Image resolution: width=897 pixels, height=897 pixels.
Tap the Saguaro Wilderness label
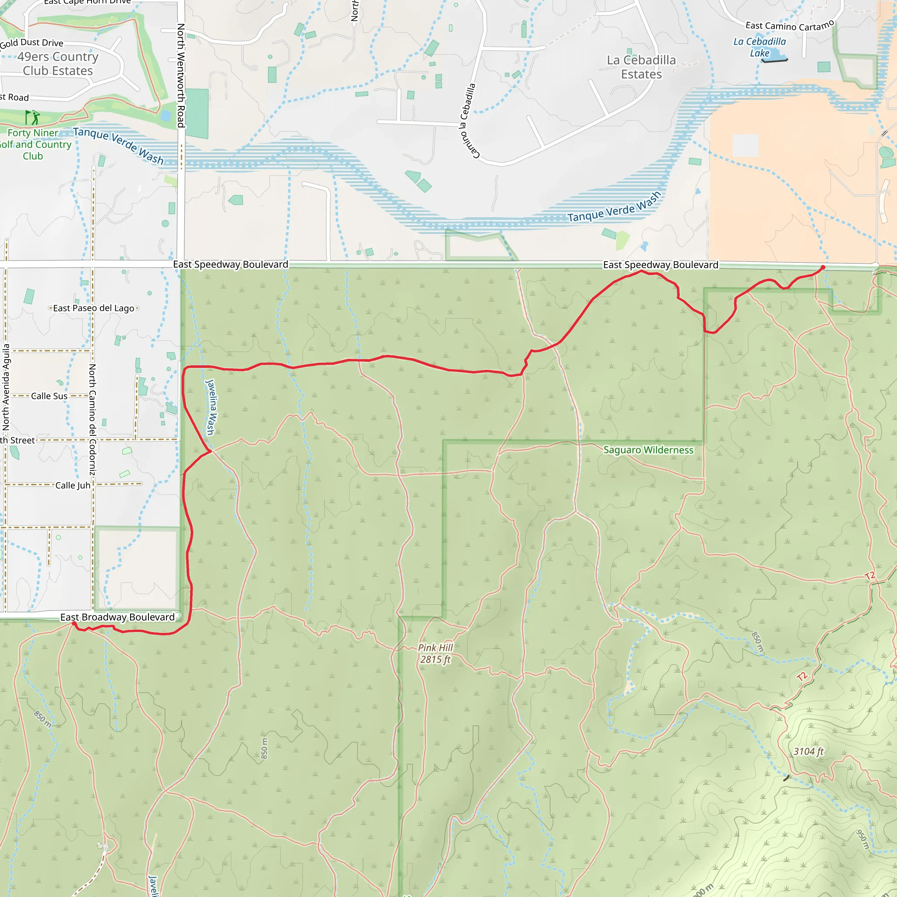click(x=648, y=450)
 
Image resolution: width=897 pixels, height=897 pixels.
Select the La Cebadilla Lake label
click(x=759, y=47)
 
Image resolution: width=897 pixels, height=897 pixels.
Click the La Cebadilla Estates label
click(x=641, y=67)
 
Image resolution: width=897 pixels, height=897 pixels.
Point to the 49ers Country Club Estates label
click(x=58, y=64)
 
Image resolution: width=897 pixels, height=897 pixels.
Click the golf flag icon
click(x=32, y=117)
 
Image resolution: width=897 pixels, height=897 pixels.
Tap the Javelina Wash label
click(x=210, y=407)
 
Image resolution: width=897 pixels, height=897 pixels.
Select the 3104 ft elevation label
click(x=809, y=751)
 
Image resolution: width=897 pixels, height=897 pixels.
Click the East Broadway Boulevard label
click(x=117, y=617)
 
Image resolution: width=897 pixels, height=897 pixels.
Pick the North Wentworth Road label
click(x=181, y=75)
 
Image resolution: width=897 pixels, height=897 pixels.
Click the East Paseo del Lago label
click(x=94, y=308)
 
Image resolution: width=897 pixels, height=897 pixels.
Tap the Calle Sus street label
click(x=49, y=396)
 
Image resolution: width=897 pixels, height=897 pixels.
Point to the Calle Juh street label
click(x=73, y=485)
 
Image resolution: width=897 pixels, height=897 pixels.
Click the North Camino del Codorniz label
click(x=92, y=419)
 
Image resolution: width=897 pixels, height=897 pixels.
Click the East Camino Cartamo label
click(x=789, y=26)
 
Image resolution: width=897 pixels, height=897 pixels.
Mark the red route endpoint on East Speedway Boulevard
click(x=823, y=268)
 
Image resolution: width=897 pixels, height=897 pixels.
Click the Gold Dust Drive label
click(x=32, y=43)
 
